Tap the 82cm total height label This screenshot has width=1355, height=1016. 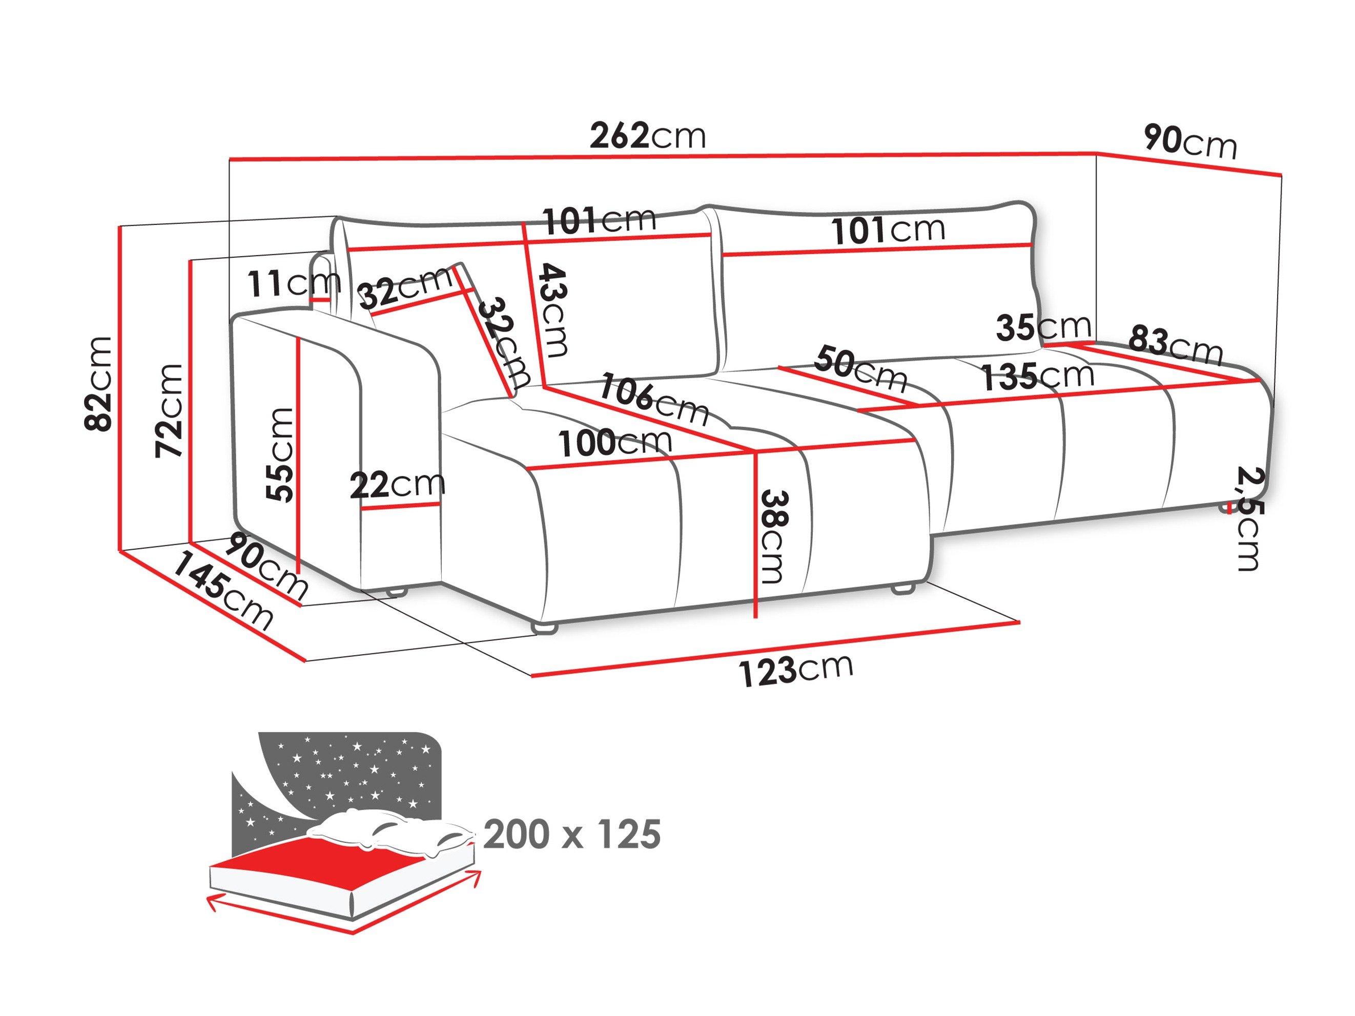tap(99, 384)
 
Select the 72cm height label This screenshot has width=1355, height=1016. tap(170, 410)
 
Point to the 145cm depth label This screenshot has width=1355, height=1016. tap(222, 592)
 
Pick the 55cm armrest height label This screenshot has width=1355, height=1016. tap(280, 454)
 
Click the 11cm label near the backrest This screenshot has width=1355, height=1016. tap(293, 283)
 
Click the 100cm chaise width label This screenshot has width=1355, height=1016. tap(614, 442)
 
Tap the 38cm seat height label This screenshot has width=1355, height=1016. tap(772, 537)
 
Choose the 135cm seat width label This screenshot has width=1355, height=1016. tap(1038, 377)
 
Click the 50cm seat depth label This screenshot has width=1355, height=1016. tap(860, 368)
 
